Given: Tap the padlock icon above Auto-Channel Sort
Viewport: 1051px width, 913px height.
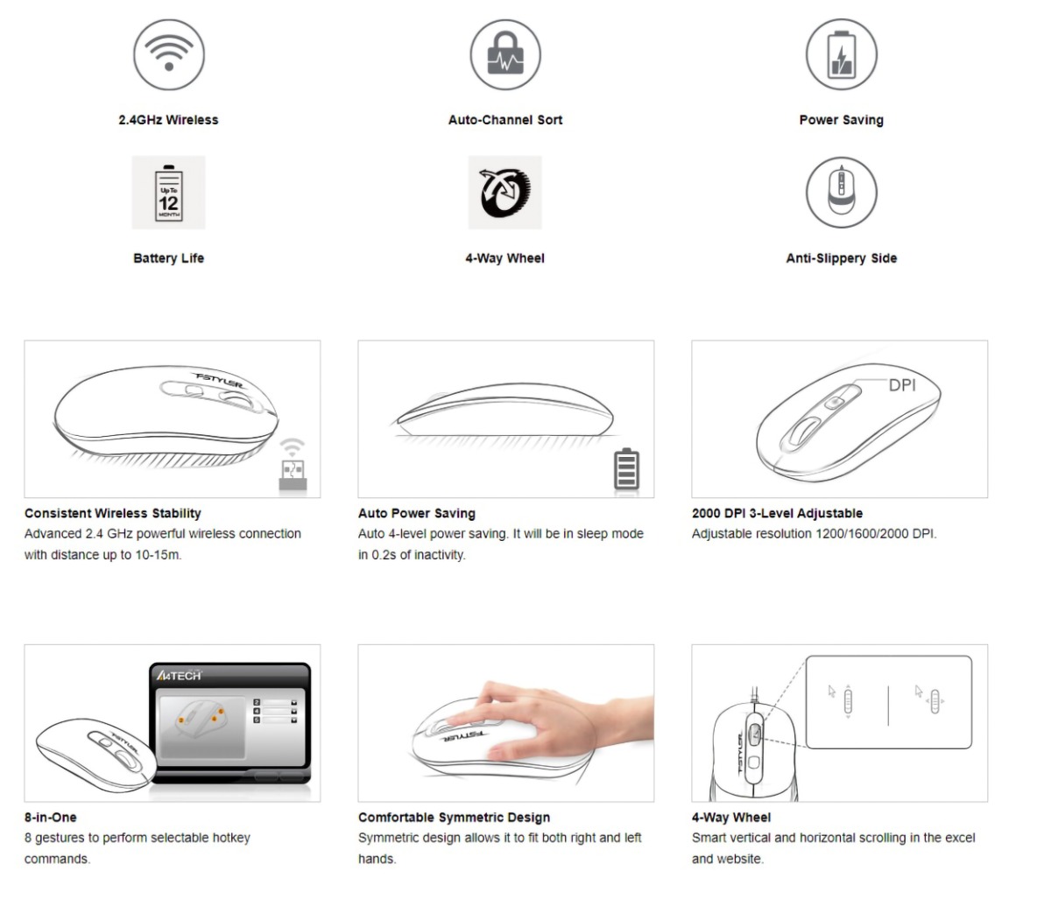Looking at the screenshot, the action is pos(505,53).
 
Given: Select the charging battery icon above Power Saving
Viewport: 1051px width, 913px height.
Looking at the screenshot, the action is pos(841,54).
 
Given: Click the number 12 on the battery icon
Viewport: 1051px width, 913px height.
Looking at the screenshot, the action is pos(168,203).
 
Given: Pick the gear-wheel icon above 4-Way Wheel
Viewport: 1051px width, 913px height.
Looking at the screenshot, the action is pos(504,193).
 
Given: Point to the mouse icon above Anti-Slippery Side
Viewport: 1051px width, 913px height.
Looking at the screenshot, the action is pos(841,193).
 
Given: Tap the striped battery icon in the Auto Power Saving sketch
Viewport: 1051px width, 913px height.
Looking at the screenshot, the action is pos(626,468).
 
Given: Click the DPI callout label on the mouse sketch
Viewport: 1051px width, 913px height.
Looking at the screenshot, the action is pos(901,385).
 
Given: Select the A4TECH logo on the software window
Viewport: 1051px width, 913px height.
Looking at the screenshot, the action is pos(179,676).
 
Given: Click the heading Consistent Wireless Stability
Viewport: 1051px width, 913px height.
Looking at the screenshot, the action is pos(112,513).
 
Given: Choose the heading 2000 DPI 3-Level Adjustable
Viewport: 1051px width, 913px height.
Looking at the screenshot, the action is pos(777,513).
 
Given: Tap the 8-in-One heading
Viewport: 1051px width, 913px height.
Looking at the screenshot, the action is pos(50,817).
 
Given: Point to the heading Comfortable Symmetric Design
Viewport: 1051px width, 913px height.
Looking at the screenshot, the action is pos(454,817).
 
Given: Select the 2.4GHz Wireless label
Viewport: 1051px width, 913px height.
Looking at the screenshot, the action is pos(168,120).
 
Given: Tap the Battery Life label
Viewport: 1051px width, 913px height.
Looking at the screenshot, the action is pos(168,258).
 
